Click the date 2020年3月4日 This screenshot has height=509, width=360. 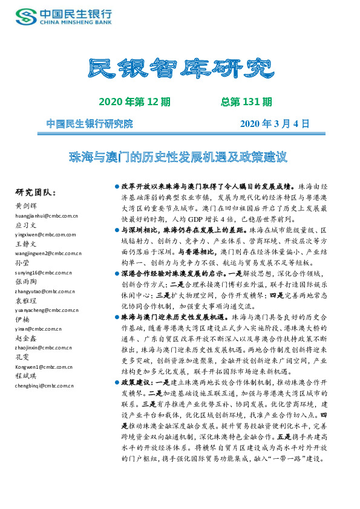pos(275,124)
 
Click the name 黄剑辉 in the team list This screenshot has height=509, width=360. pos(25,206)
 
